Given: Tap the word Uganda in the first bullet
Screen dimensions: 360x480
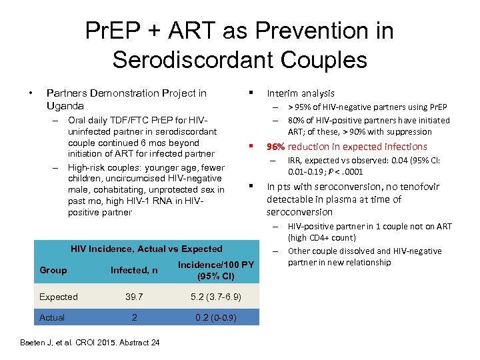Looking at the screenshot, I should point(65,106).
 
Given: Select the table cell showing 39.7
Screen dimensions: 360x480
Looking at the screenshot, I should point(134,297).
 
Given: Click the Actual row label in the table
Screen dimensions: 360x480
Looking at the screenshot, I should point(52,317).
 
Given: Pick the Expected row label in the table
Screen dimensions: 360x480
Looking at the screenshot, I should point(59,297).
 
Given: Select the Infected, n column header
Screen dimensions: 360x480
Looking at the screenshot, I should point(134,270).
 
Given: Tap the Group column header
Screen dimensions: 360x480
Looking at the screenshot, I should point(53,270).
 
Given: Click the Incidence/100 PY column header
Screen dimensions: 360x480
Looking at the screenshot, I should point(215,265).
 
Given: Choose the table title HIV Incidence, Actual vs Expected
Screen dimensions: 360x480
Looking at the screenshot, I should point(147,249).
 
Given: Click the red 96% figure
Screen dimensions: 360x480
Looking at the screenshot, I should point(276,147).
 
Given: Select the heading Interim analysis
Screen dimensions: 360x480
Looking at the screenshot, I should point(300,93).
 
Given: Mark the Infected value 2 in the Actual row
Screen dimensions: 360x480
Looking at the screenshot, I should point(134,317).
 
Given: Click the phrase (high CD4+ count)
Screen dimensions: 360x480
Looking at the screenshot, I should point(321,238).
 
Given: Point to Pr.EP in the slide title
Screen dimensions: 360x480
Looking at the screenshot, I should point(112,31).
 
